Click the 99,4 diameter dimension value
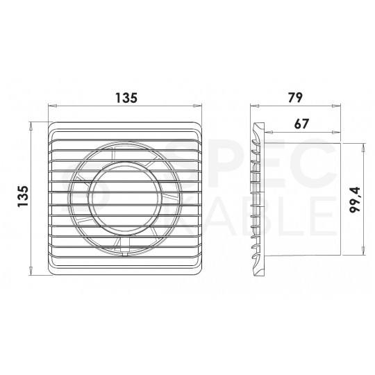(x=354, y=200)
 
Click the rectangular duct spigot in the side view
(x=302, y=200)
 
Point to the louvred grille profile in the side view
(x=258, y=200)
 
